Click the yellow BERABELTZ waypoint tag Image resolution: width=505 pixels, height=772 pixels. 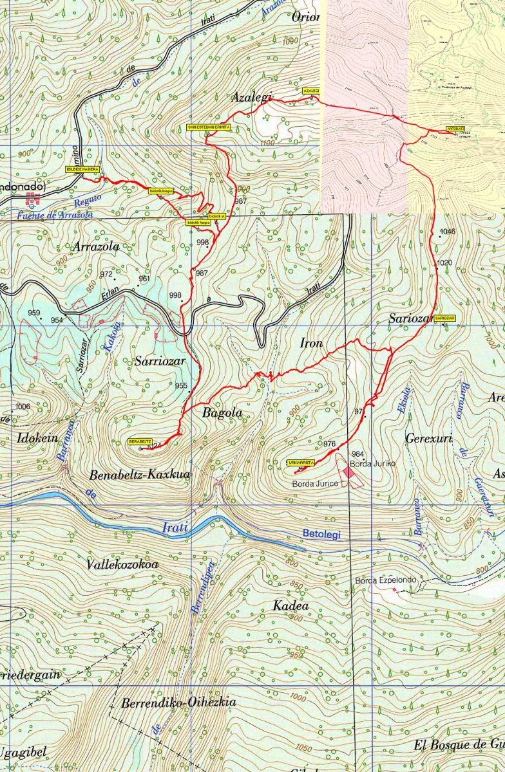[x=140, y=442]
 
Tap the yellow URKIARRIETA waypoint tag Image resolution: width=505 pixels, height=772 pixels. [x=301, y=463]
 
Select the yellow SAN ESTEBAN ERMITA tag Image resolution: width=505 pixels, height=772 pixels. [x=209, y=127]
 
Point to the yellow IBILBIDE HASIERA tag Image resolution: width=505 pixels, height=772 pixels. [x=82, y=169]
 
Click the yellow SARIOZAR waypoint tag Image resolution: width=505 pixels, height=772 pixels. [x=445, y=318]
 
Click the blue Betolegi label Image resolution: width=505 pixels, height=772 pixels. [x=324, y=533]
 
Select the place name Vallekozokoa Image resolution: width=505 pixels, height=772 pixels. [x=122, y=564]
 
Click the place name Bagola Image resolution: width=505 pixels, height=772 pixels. [x=222, y=413]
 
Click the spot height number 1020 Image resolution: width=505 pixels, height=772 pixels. [x=444, y=262]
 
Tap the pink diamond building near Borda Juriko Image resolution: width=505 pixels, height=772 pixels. [x=348, y=472]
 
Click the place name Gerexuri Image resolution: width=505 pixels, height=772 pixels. [x=429, y=439]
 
